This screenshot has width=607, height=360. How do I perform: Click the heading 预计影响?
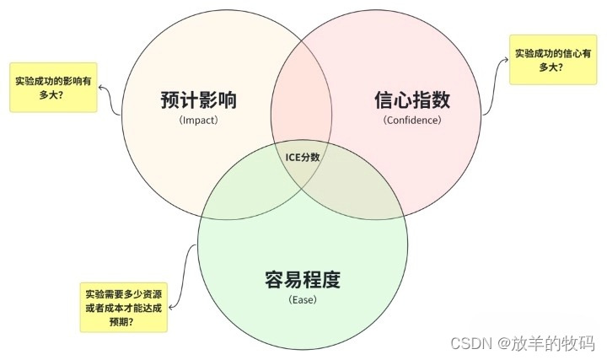point(198,100)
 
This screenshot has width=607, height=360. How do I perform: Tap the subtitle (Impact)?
point(198,120)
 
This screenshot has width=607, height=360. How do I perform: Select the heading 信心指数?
point(412,100)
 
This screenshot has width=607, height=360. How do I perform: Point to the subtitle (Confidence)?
point(412,120)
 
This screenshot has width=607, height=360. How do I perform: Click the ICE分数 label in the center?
point(303,157)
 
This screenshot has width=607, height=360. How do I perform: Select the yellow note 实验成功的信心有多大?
point(548,59)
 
